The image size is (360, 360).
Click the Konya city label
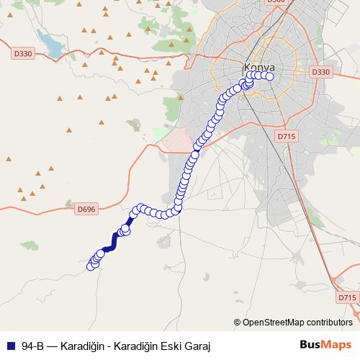tap(259, 68)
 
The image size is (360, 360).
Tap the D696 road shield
tap(86, 209)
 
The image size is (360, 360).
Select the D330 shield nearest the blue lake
tap(23, 53)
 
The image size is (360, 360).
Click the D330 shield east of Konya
tap(321, 72)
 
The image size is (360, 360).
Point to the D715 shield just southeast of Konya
tap(286, 135)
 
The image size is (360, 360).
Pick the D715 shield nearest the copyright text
tap(346, 297)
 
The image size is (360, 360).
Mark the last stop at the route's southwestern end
tap(91, 266)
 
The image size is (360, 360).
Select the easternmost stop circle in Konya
tap(271, 76)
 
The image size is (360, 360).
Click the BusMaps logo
tap(326, 345)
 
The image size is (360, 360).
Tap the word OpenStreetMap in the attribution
tap(274, 322)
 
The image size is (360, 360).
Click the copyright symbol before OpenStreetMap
tap(238, 322)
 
